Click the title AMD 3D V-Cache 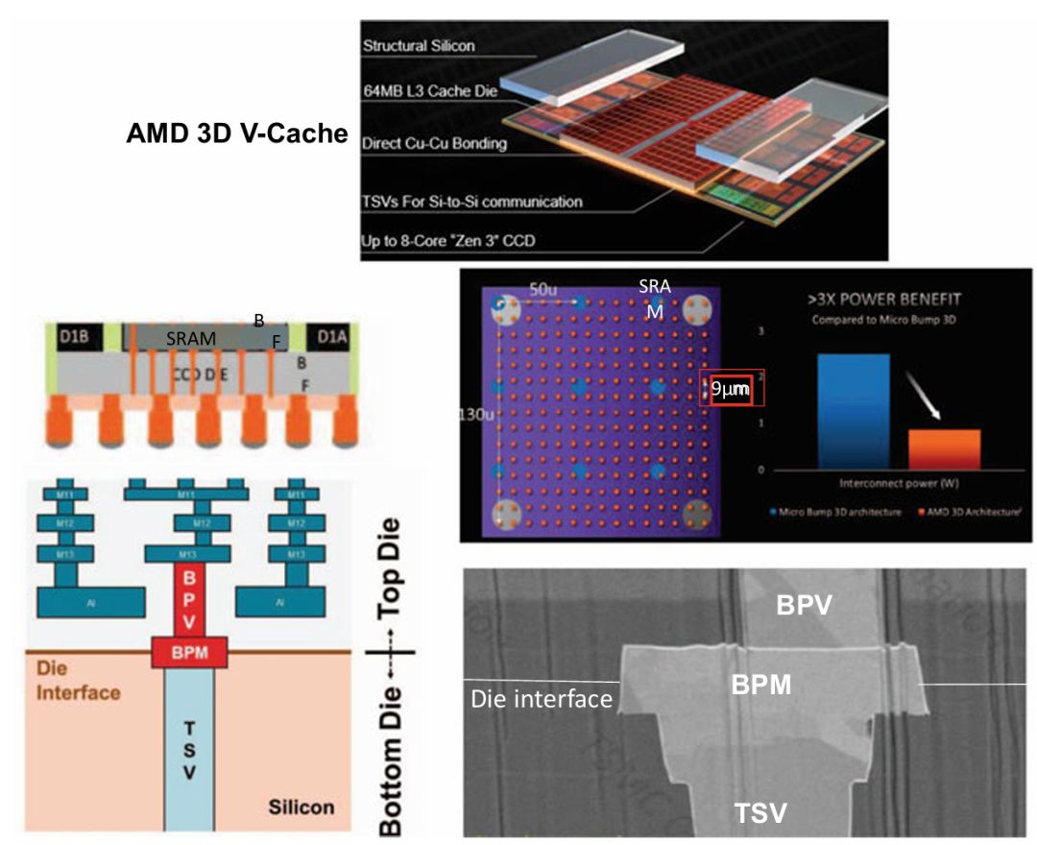pos(236,133)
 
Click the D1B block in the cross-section pos(73,339)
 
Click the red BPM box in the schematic pos(189,652)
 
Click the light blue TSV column pos(188,749)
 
